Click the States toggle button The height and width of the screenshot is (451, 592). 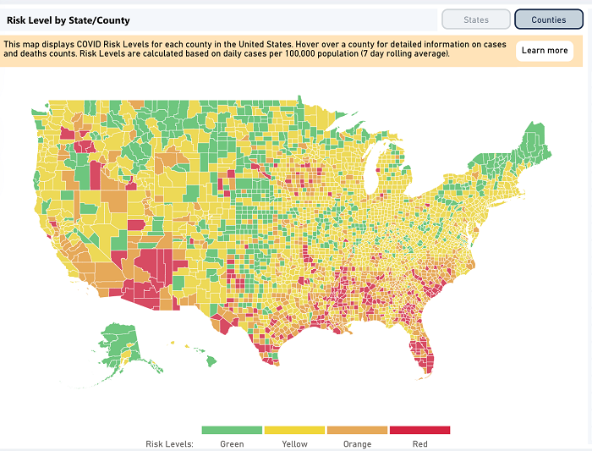point(476,19)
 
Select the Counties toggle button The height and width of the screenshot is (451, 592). point(549,19)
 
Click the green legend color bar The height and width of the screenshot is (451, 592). point(233,430)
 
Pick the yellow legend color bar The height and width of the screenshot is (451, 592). point(294,430)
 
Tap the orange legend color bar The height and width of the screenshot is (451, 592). point(357,430)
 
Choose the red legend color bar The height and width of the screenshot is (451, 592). point(419,430)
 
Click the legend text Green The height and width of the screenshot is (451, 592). point(232,443)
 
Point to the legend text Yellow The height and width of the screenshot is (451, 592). point(294,443)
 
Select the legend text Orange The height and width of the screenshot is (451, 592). point(357,443)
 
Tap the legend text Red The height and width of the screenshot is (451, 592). point(419,443)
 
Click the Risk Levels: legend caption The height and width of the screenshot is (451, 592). point(170,443)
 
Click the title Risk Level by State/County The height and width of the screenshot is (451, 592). point(69,19)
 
